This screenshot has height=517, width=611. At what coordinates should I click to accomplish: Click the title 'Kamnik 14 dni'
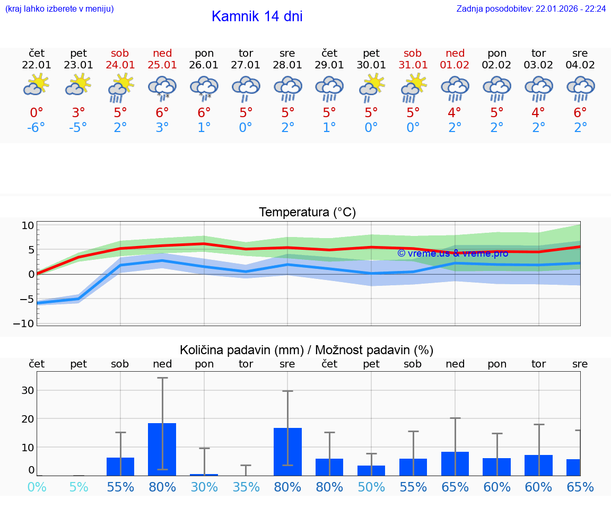pyautogui.click(x=257, y=16)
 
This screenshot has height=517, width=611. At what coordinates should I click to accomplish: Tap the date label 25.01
pyautogui.click(x=162, y=65)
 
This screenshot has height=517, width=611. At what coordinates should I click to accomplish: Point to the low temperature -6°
pyautogui.click(x=37, y=128)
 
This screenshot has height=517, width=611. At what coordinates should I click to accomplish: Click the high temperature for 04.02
pyautogui.click(x=580, y=112)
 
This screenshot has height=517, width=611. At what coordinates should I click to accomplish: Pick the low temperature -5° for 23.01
pyautogui.click(x=78, y=128)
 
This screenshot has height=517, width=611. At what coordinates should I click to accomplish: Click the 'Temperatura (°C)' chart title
pyautogui.click(x=307, y=213)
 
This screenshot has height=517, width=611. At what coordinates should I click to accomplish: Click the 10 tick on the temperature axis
pyautogui.click(x=28, y=225)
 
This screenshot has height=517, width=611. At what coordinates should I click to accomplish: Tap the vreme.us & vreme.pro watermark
pyautogui.click(x=452, y=253)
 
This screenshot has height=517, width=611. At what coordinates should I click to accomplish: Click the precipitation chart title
pyautogui.click(x=307, y=350)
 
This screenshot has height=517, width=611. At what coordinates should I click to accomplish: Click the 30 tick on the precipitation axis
pyautogui.click(x=28, y=390)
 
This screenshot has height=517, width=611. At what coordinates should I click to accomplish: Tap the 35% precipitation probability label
pyautogui.click(x=246, y=487)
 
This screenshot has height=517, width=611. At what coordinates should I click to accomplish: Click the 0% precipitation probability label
pyautogui.click(x=37, y=487)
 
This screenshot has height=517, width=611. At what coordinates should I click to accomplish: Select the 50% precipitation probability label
pyautogui.click(x=371, y=487)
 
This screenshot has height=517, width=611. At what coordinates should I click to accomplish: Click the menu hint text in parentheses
pyautogui.click(x=59, y=9)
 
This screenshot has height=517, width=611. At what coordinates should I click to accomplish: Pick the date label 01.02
pyautogui.click(x=455, y=65)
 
